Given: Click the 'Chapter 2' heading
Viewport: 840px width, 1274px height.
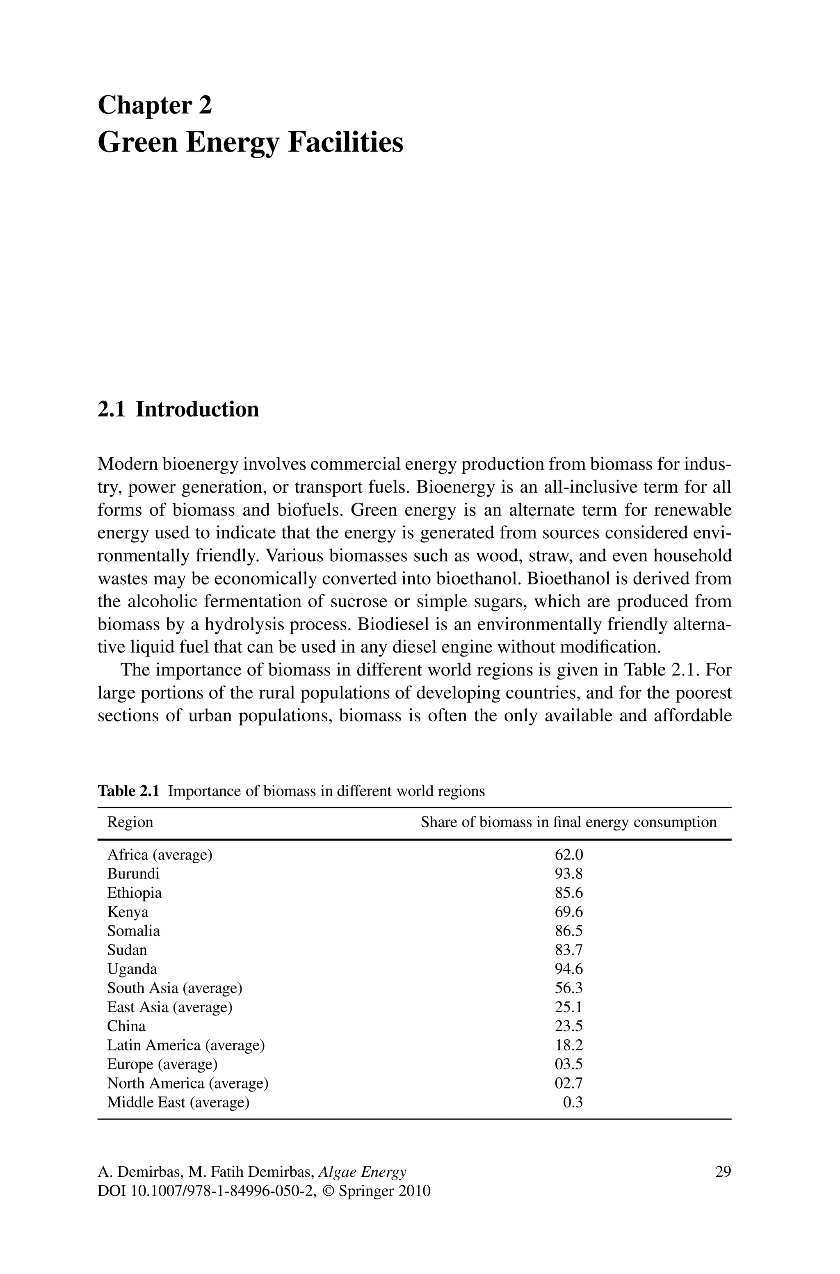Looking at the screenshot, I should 155,105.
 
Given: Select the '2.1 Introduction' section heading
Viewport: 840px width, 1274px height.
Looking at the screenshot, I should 178,409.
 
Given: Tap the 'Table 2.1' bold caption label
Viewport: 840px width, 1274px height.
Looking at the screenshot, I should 128,791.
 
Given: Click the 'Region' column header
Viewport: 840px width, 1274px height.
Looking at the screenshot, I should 130,822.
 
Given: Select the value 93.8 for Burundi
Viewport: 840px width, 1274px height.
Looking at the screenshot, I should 568,874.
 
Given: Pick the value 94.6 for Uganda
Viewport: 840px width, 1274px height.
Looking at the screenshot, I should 568,969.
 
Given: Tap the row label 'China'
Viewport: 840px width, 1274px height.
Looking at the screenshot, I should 126,1026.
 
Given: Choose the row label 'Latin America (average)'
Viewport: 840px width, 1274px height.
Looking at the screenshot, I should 186,1045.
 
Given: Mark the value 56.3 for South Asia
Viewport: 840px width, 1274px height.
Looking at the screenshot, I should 568,988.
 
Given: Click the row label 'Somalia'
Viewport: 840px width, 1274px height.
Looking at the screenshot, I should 133,931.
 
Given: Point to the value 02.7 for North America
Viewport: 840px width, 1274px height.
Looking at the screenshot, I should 568,1083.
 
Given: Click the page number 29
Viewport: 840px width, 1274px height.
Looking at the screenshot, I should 723,1172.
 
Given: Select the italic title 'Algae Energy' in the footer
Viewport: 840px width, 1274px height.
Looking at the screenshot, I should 362,1172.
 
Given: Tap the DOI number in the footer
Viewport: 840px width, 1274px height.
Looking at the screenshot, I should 220,1192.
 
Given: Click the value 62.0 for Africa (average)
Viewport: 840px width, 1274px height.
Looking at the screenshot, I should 568,855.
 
